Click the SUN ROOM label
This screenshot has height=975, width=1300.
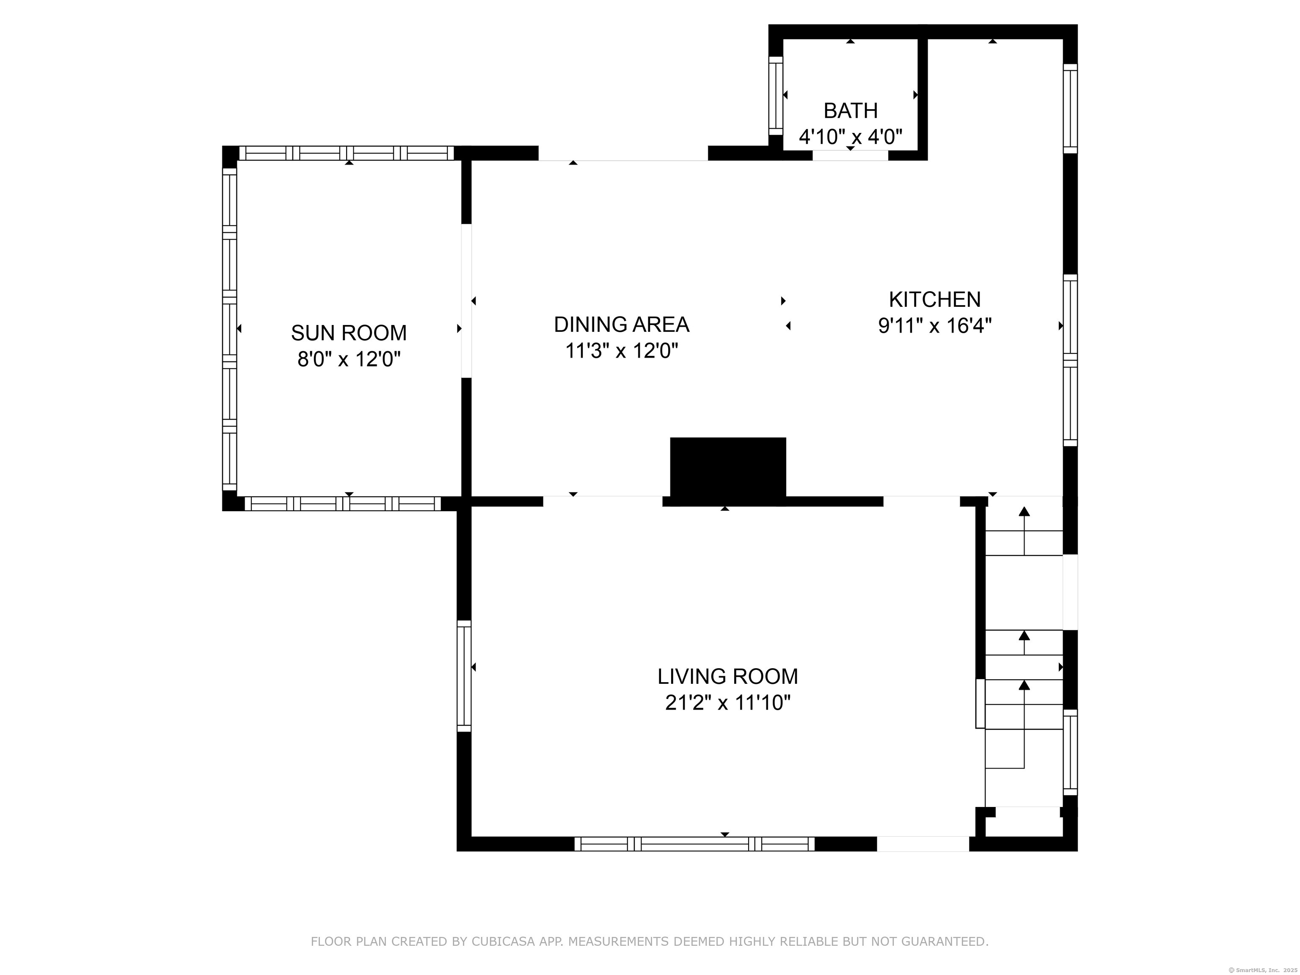[349, 333]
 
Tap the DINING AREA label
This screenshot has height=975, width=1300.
[621, 325]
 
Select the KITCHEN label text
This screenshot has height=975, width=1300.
[934, 300]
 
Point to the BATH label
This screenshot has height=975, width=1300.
[851, 110]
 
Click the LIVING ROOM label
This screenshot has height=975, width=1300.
[727, 676]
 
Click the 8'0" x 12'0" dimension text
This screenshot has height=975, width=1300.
[349, 359]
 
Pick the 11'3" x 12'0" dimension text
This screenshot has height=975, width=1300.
[621, 351]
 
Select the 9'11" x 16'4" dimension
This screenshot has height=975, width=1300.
[934, 325]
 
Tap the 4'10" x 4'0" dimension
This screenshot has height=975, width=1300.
[851, 137]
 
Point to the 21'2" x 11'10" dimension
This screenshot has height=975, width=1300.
[727, 702]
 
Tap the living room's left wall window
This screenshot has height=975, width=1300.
[464, 676]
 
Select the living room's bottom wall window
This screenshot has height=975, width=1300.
[695, 844]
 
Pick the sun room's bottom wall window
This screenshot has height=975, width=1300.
[343, 504]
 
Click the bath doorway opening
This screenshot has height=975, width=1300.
[851, 155]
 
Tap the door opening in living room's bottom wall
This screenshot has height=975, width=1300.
[923, 844]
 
